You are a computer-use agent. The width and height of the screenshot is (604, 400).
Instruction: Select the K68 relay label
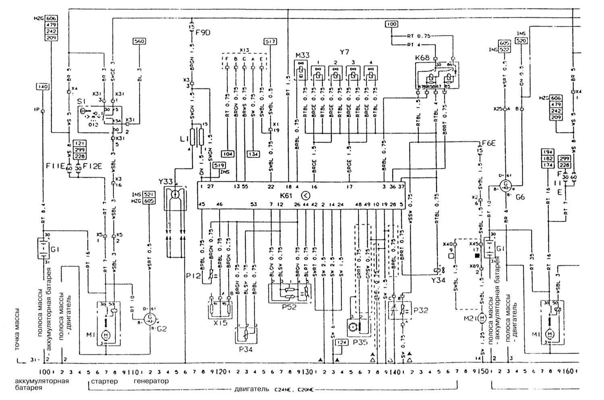click(422, 58)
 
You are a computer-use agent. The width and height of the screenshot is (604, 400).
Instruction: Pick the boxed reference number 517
click(270, 41)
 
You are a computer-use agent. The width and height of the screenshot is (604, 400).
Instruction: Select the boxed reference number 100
click(391, 24)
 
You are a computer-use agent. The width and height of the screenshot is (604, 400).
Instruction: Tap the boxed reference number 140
click(42, 87)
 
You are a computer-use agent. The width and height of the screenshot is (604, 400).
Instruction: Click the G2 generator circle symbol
click(150, 319)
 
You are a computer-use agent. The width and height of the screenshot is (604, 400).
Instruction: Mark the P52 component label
click(289, 307)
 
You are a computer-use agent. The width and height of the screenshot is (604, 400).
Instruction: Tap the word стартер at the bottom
click(104, 381)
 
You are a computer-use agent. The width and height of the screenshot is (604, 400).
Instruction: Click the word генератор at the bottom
click(151, 381)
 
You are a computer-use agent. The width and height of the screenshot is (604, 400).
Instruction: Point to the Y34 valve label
click(439, 280)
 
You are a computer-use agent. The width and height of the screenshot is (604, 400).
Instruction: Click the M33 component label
click(302, 55)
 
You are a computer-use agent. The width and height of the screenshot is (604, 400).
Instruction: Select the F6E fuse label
click(489, 142)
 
